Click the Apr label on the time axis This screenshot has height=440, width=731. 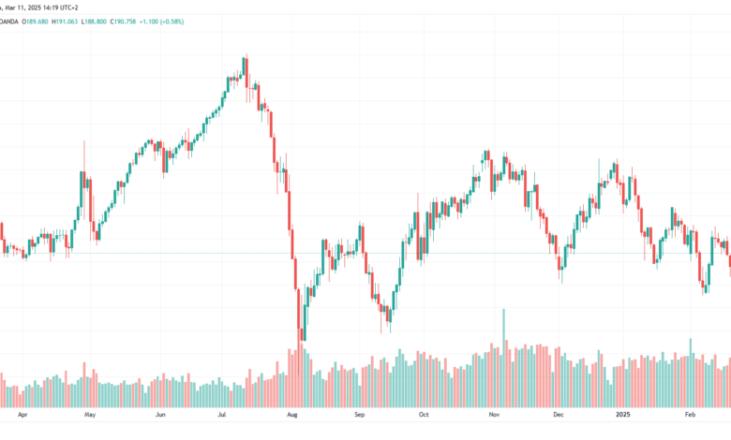click(x=22, y=415)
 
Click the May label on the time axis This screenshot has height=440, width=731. click(x=90, y=415)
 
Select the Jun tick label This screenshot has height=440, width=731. click(x=160, y=415)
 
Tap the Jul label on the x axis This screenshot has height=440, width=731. click(x=222, y=415)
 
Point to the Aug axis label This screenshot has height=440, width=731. click(x=292, y=415)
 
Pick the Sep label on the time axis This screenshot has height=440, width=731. click(x=360, y=415)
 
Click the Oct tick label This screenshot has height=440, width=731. click(x=424, y=415)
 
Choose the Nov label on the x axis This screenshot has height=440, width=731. click(x=494, y=415)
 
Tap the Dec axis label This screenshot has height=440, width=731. click(x=559, y=415)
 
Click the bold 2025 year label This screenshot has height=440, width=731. click(x=623, y=415)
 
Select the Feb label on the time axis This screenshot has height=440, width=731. click(x=690, y=415)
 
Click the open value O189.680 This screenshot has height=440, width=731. click(x=35, y=22)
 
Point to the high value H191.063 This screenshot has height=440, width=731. click(x=65, y=22)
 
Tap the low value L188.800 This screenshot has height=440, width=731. click(x=94, y=22)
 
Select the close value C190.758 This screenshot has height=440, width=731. click(x=123, y=22)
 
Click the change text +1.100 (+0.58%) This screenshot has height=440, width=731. click(x=161, y=22)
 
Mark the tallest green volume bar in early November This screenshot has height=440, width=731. click(x=503, y=358)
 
